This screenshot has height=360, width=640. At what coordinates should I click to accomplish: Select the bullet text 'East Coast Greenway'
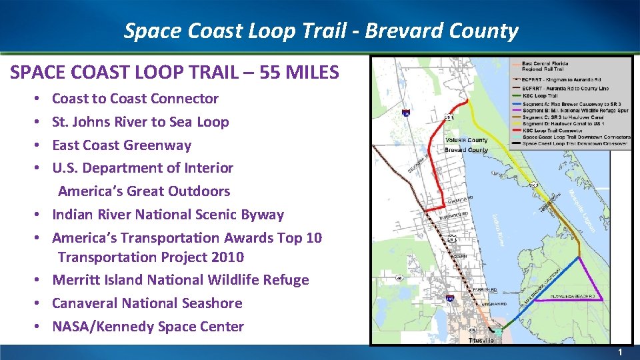[x=121, y=145]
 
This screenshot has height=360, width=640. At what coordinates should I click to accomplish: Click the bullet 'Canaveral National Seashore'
[x=147, y=303]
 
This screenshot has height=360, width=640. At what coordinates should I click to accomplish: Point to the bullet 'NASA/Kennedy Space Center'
[x=148, y=327]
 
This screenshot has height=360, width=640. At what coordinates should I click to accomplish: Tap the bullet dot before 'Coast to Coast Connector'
[x=42, y=99]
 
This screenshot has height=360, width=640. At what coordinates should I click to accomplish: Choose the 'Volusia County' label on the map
[x=466, y=141]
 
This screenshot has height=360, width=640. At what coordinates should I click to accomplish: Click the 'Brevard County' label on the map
[x=466, y=150]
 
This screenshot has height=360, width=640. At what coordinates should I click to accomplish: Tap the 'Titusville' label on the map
[x=481, y=340]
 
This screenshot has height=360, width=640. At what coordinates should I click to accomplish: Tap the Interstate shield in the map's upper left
[x=405, y=114]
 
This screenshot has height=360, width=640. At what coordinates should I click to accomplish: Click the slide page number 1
[x=619, y=352]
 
